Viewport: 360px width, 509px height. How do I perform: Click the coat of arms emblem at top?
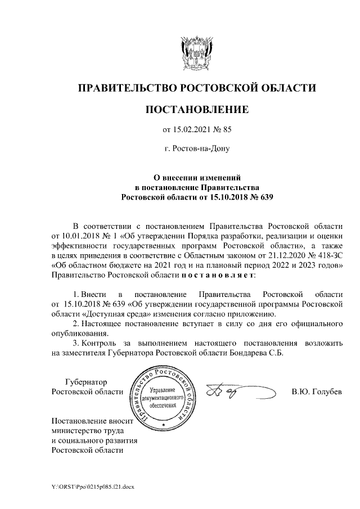(x=196, y=51)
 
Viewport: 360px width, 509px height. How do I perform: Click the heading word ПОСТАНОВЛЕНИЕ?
(x=197, y=109)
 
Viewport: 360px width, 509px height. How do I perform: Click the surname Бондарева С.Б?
(x=257, y=353)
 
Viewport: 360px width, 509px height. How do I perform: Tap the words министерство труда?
(x=87, y=430)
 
